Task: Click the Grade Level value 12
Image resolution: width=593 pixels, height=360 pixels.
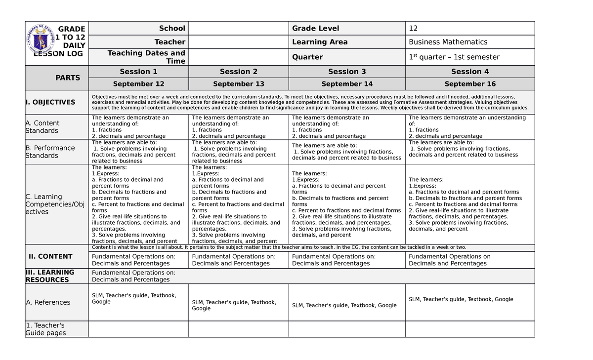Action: click(413, 28)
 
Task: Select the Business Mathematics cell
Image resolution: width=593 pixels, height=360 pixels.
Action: click(448, 42)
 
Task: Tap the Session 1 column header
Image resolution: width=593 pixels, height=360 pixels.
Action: click(138, 72)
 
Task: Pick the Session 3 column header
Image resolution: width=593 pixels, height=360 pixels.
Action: click(347, 72)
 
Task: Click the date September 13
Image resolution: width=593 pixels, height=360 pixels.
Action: click(239, 84)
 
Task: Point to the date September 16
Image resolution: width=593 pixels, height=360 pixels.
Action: click(470, 84)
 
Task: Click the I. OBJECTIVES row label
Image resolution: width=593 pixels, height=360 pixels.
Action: click(50, 102)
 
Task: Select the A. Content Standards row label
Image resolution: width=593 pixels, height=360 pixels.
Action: click(42, 127)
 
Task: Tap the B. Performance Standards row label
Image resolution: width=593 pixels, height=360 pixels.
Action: click(50, 152)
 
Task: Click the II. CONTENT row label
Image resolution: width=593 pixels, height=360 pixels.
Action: click(50, 256)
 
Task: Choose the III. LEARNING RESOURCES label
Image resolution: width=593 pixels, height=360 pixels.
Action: click(49, 276)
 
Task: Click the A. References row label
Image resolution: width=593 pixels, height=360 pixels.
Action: click(48, 302)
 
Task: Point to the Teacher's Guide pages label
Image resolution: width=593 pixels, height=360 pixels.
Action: click(45, 329)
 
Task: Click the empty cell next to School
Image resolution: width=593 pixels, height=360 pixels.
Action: click(238, 28)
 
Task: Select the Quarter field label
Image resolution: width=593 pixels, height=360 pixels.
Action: click(307, 57)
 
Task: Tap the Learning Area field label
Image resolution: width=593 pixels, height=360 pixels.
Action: click(320, 42)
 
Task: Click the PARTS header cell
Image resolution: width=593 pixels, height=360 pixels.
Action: click(68, 78)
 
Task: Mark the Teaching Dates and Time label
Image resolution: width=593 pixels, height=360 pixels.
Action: click(146, 57)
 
